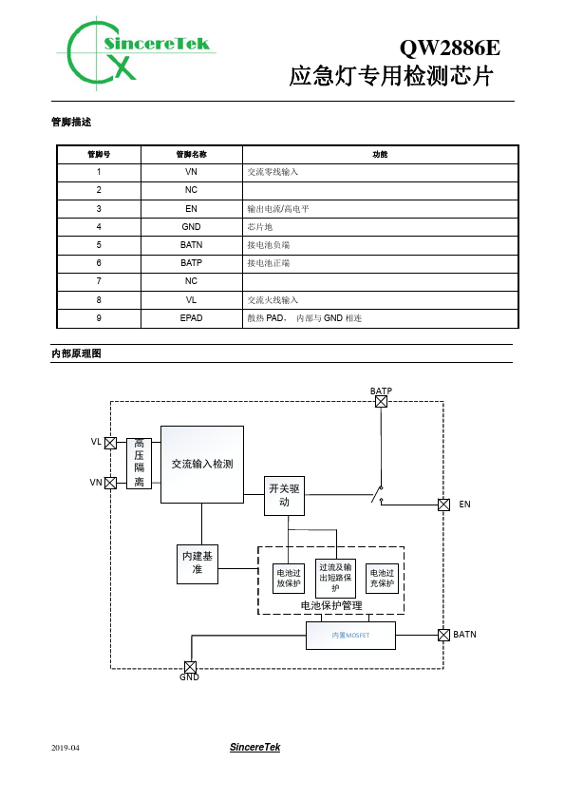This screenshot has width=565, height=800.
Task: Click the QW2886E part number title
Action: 450,48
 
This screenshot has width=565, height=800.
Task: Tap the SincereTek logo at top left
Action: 136,53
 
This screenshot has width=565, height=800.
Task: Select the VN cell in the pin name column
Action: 191,172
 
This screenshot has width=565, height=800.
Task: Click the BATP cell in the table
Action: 191,263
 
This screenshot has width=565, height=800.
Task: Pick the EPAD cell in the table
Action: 191,318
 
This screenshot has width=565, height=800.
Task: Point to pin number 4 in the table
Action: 99,226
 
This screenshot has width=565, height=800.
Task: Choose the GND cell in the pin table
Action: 191,226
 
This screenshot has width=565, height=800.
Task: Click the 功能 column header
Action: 380,154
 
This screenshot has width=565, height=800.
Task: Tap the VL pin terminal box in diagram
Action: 110,443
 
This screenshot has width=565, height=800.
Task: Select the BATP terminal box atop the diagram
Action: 381,402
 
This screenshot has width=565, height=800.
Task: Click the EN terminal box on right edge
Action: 443,505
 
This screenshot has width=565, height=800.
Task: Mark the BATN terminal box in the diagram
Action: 443,635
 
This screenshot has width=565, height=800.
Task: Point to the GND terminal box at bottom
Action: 190,667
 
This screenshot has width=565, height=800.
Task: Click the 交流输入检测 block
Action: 202,465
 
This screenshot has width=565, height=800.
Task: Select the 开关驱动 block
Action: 284,495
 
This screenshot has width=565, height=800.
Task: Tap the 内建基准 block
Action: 198,564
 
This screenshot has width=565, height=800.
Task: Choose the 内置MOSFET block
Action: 350,636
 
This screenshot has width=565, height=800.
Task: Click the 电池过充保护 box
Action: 382,578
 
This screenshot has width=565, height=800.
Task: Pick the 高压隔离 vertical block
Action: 140,463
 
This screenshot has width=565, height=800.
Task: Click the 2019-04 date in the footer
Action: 66,748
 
